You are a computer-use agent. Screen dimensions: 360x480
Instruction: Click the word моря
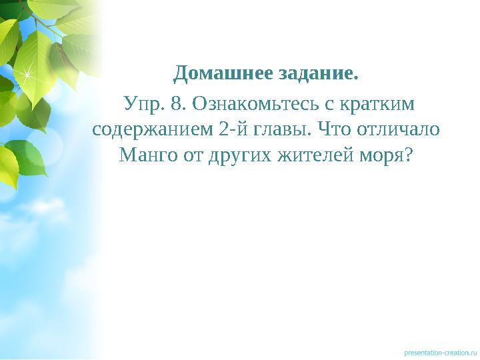tap(379, 156)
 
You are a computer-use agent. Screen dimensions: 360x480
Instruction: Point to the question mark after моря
tap(407, 156)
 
